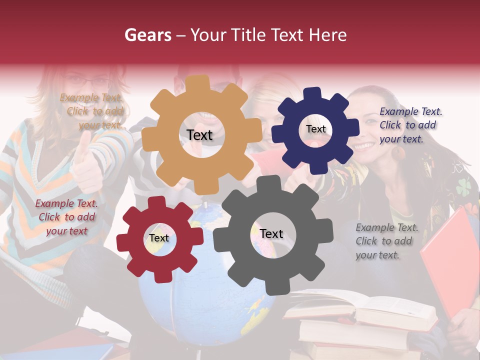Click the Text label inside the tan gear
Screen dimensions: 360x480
pos(199,135)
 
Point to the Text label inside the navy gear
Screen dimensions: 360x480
pos(315,129)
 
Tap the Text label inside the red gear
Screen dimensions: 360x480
pos(159,238)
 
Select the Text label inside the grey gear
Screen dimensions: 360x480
pos(271,233)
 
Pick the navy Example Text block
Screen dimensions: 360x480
pos(409,125)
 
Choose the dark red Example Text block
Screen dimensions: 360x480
pos(66,217)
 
